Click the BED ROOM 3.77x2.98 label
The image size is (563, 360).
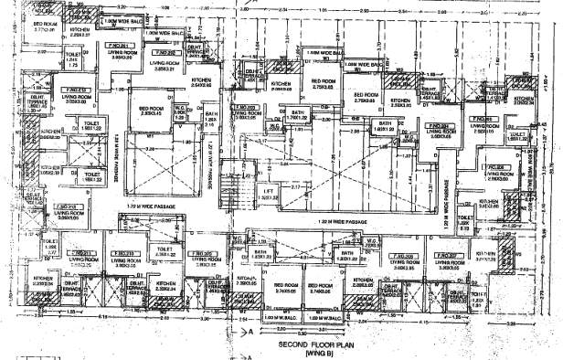[x=45, y=25]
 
